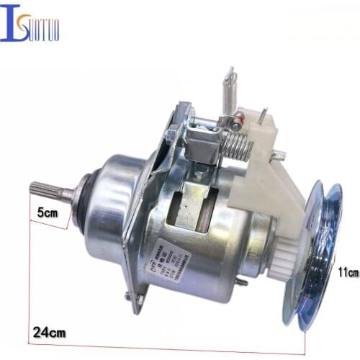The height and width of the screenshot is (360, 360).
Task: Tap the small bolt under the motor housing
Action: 242,282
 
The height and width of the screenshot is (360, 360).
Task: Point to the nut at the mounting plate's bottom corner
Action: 130,297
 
